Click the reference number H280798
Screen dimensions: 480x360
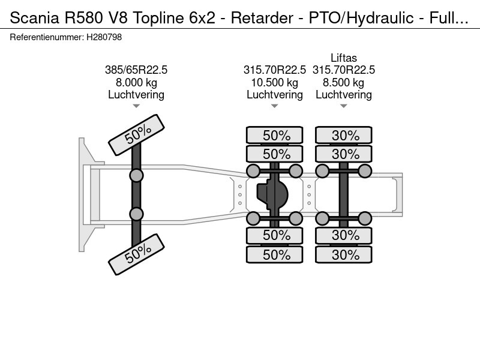pos(104,37)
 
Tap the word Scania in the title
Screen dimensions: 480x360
pos(35,18)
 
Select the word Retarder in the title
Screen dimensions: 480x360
pos(262,18)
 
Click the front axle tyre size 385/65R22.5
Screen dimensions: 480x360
pos(136,70)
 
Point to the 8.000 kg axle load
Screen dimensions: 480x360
pos(136,82)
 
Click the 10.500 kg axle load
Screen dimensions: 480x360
pos(275,82)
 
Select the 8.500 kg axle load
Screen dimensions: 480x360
pos(343,82)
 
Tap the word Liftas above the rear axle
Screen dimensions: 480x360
pos(343,58)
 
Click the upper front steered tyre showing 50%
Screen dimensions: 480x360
pos(137,135)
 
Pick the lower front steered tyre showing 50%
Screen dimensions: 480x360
pos(137,254)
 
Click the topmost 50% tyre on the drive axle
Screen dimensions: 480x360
pos(275,135)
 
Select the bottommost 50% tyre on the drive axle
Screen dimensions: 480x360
pos(275,254)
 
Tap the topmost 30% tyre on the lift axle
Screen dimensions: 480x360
pos(343,135)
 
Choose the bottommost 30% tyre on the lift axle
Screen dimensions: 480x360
pos(343,254)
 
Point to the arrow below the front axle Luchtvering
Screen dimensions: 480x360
pos(136,106)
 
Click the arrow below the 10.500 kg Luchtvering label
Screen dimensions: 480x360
pos(275,106)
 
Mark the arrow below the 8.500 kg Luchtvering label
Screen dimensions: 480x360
pos(343,106)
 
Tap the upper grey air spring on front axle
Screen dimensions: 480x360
pos(136,176)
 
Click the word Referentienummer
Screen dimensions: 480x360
pos(47,37)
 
